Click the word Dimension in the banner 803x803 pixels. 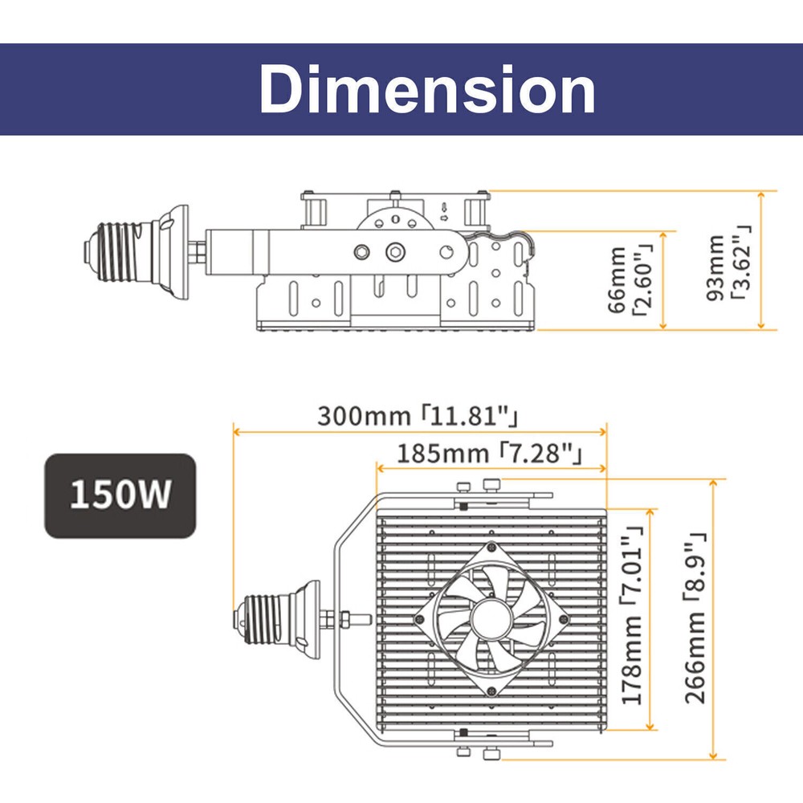click(x=428, y=90)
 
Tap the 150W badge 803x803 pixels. click(x=120, y=495)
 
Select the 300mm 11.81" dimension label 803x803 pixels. click(x=418, y=416)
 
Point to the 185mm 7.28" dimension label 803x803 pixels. click(x=490, y=454)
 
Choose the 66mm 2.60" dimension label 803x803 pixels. click(x=630, y=279)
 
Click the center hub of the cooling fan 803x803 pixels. click(x=491, y=619)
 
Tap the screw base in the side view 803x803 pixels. click(x=136, y=251)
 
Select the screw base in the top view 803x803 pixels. click(x=276, y=619)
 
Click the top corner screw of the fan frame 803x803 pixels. click(x=491, y=547)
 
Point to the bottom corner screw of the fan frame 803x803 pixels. click(x=491, y=691)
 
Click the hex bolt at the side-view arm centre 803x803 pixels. click(x=395, y=251)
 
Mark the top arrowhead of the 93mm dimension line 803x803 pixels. click(x=761, y=195)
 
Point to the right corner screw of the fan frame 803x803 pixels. click(x=564, y=619)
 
